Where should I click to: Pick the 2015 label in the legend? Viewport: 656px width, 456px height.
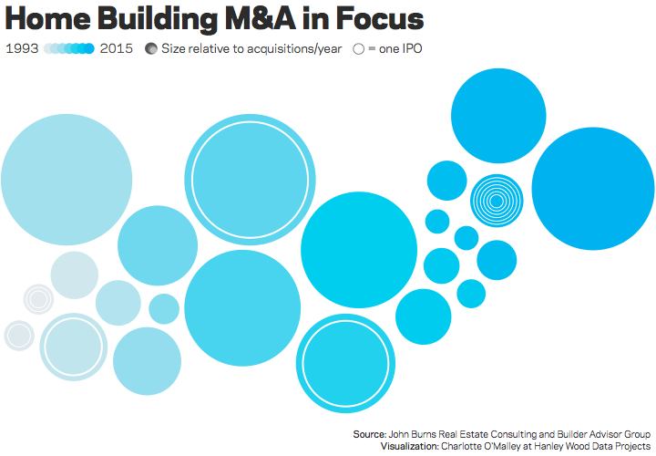117,48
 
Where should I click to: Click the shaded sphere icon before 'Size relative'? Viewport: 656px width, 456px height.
151,48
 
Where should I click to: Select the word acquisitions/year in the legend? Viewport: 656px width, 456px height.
287,48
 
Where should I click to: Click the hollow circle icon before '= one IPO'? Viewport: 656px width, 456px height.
358,48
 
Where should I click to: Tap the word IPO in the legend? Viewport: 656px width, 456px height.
417,48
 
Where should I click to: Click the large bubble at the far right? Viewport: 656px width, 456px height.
592,189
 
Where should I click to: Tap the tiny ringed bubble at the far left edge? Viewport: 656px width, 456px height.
18,335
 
